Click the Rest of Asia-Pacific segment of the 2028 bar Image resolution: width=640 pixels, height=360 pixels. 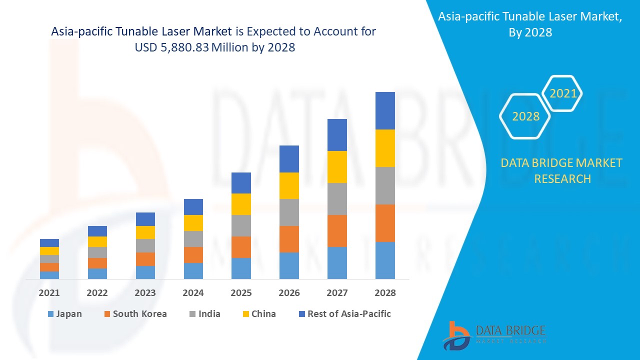pyautogui.click(x=385, y=110)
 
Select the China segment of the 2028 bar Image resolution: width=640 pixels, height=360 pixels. pyautogui.click(x=385, y=148)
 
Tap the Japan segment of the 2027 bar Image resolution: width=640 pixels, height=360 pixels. pyautogui.click(x=337, y=262)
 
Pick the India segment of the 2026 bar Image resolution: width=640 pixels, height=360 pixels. pyautogui.click(x=289, y=212)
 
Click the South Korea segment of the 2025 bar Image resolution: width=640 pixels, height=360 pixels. pyautogui.click(x=241, y=247)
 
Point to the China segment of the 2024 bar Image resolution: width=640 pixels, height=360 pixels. pyautogui.click(x=193, y=223)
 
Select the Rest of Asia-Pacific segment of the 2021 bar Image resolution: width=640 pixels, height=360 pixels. pyautogui.click(x=49, y=243)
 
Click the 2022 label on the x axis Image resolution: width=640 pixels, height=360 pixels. pyautogui.click(x=97, y=293)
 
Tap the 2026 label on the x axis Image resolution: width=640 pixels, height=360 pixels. pyautogui.click(x=289, y=293)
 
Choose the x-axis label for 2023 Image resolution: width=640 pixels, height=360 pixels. pyautogui.click(x=145, y=293)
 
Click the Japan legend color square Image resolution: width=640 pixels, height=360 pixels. pyautogui.click(x=50, y=314)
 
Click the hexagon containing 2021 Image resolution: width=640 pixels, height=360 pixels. pyautogui.click(x=562, y=93)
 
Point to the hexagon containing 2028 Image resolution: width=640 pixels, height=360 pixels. pyautogui.click(x=525, y=116)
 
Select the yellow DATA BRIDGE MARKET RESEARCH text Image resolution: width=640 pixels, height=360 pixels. pyautogui.click(x=561, y=170)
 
